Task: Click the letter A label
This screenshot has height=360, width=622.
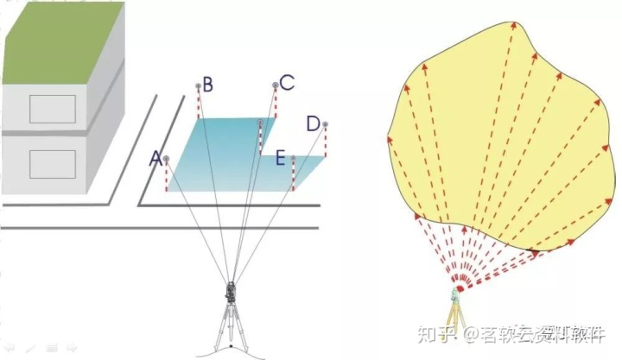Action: tap(155, 158)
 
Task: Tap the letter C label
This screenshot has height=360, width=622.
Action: tap(287, 83)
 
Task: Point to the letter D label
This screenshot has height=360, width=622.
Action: tap(313, 123)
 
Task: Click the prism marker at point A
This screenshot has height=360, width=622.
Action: tap(165, 159)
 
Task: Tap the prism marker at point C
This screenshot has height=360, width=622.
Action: tap(276, 85)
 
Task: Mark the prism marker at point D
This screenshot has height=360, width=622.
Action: tap(325, 125)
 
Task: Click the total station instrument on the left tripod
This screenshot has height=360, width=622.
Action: tap(231, 294)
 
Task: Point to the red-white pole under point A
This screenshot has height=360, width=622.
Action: tap(166, 176)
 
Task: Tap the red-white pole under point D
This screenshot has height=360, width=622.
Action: tap(326, 142)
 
